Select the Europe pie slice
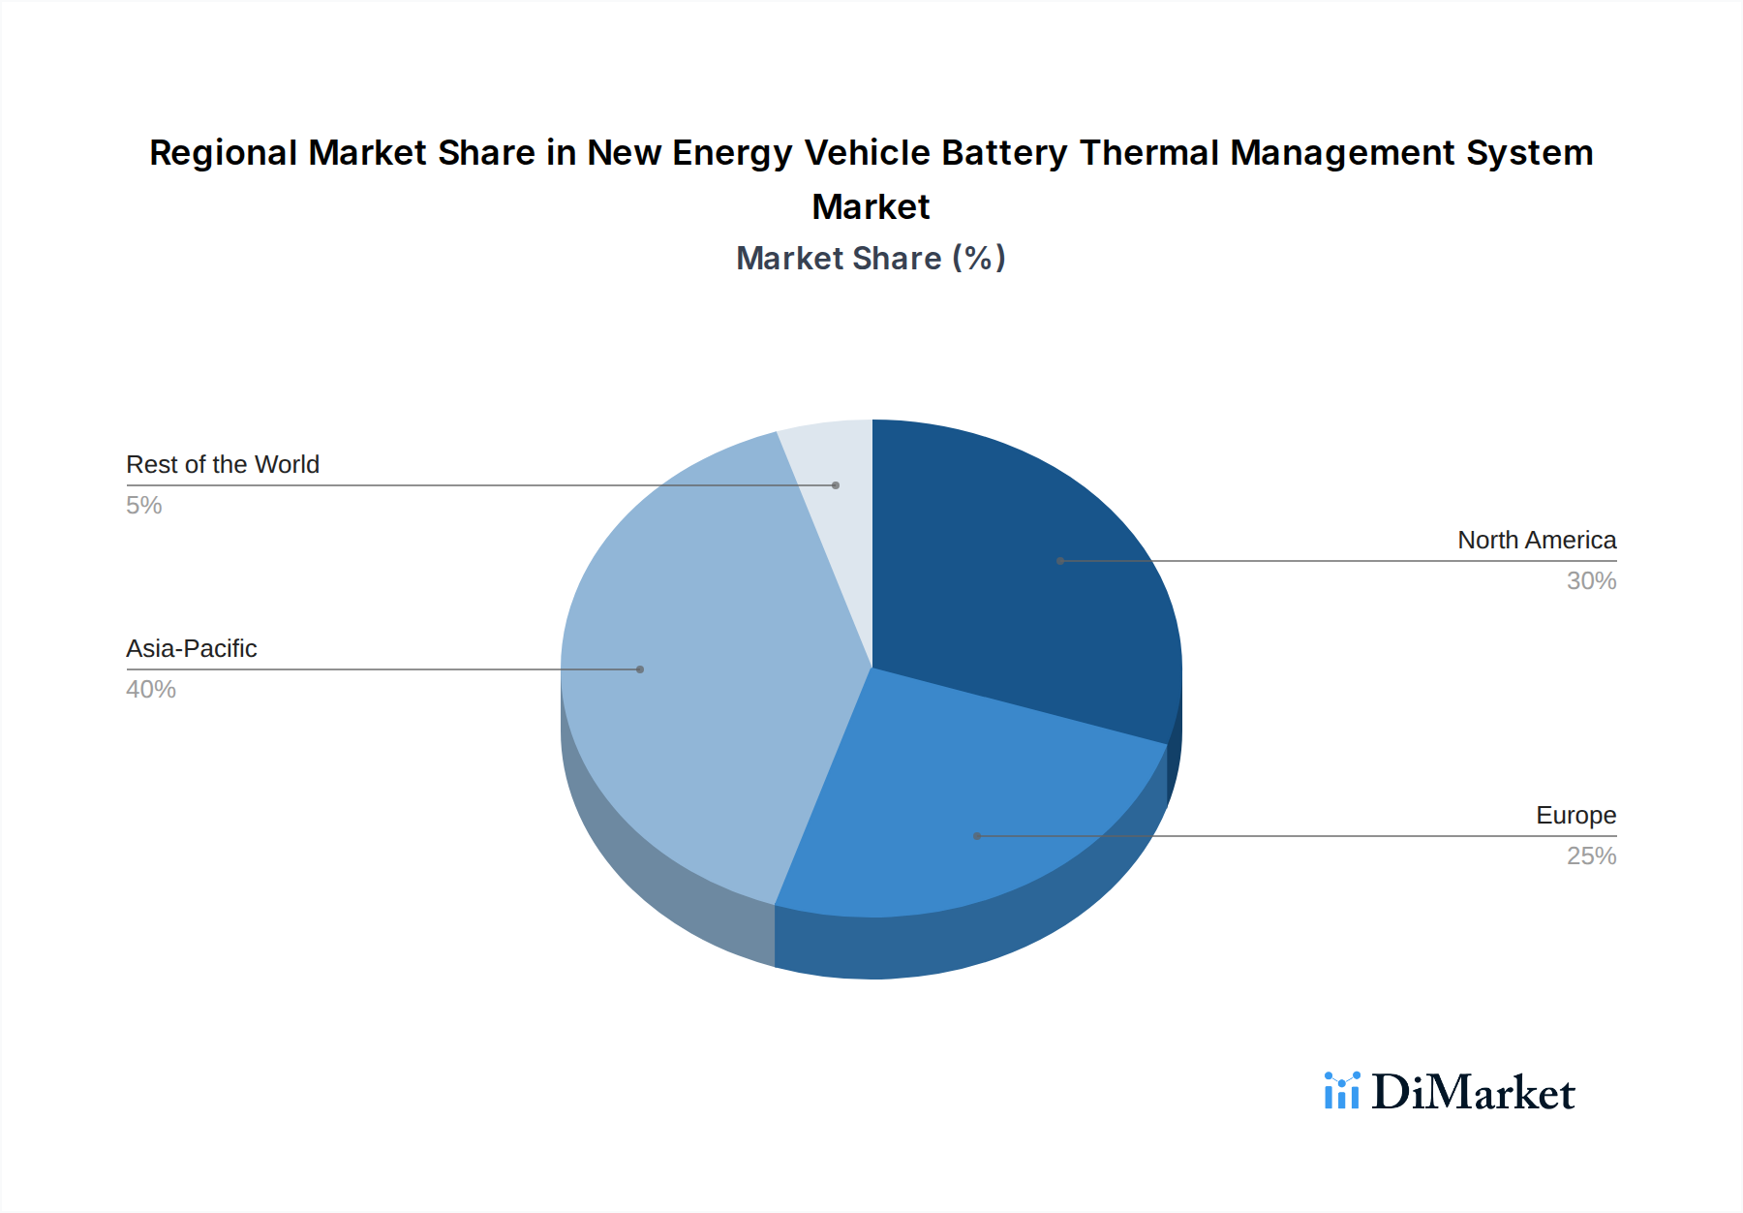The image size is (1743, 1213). [959, 814]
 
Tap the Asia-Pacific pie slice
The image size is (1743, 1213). [697, 678]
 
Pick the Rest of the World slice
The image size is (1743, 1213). [833, 465]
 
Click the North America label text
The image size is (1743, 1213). [1537, 540]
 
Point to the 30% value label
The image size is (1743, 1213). [1591, 580]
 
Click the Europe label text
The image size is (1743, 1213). [1575, 815]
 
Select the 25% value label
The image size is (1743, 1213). [1591, 855]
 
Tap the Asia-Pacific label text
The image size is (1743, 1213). [192, 648]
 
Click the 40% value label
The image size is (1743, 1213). [151, 689]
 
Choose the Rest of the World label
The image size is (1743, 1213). [223, 464]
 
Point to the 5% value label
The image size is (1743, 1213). [143, 505]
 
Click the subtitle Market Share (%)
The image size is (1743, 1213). [871, 258]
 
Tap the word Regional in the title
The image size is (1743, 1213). [223, 153]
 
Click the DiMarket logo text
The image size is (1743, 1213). [1472, 1093]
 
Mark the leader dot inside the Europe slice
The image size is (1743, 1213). [977, 836]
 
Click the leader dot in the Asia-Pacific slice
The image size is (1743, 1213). [640, 669]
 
